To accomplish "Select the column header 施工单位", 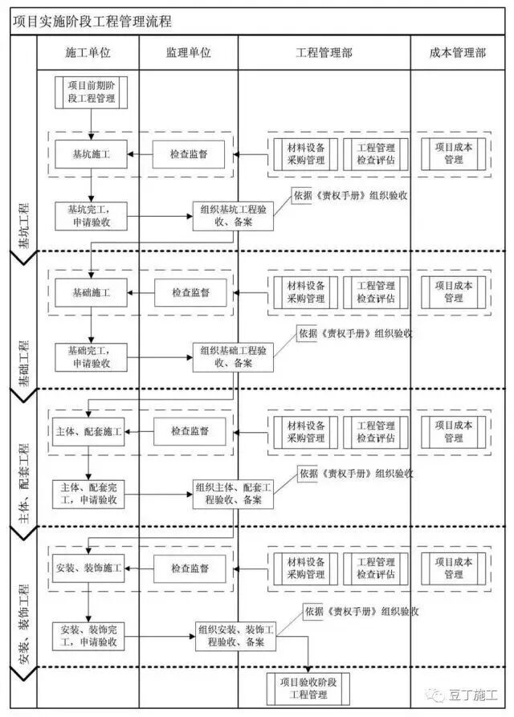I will [88, 53].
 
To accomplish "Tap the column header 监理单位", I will [188, 53].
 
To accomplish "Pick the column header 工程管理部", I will [324, 53].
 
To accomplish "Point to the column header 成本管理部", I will [458, 53].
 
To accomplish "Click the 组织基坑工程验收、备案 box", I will [234, 216].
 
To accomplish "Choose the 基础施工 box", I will [92, 293].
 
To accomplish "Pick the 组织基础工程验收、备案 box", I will [234, 356].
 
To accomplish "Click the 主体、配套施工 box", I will [88, 431].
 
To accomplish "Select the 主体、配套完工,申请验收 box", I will [88, 494].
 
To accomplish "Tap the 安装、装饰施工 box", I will [88, 568].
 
